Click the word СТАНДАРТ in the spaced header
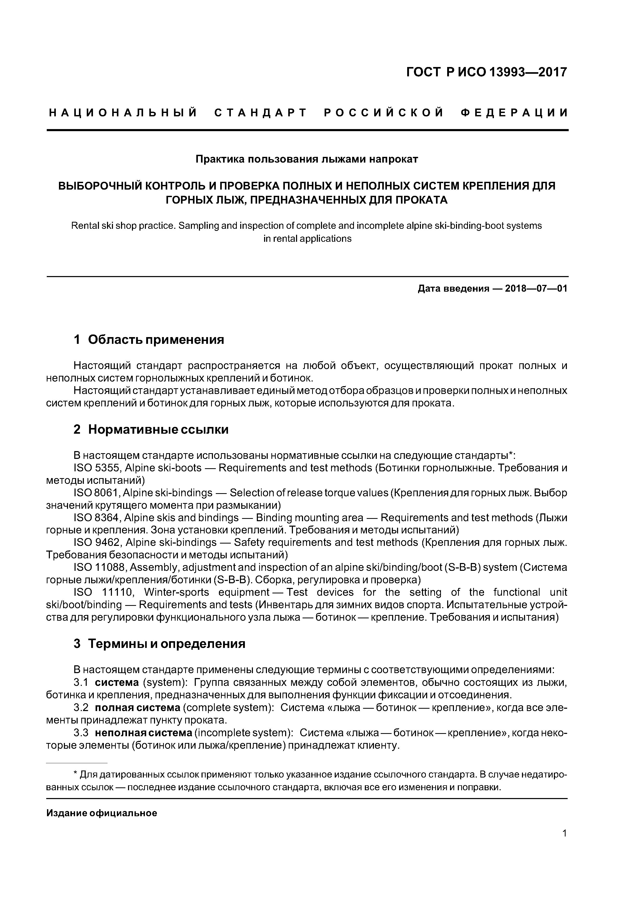pos(261,113)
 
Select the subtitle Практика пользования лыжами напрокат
pos(307,159)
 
